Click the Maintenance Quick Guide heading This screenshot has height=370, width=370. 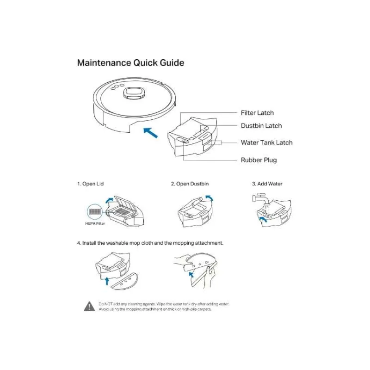click(x=130, y=63)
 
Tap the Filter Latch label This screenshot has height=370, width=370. click(x=257, y=113)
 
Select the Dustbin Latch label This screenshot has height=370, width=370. click(x=261, y=126)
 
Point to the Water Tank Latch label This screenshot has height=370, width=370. click(x=266, y=142)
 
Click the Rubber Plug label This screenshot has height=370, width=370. click(x=259, y=160)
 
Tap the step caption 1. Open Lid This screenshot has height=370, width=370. click(x=90, y=184)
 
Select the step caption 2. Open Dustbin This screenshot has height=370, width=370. click(x=190, y=184)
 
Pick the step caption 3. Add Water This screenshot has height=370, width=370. click(x=267, y=184)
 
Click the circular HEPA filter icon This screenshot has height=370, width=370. click(x=94, y=211)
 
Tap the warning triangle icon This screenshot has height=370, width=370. click(x=89, y=306)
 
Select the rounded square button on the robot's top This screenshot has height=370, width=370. click(x=133, y=92)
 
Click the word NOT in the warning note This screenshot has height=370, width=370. click(x=108, y=304)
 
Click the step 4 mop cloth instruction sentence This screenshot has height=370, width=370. click(x=150, y=243)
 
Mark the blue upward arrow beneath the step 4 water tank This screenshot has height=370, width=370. click(x=108, y=280)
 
